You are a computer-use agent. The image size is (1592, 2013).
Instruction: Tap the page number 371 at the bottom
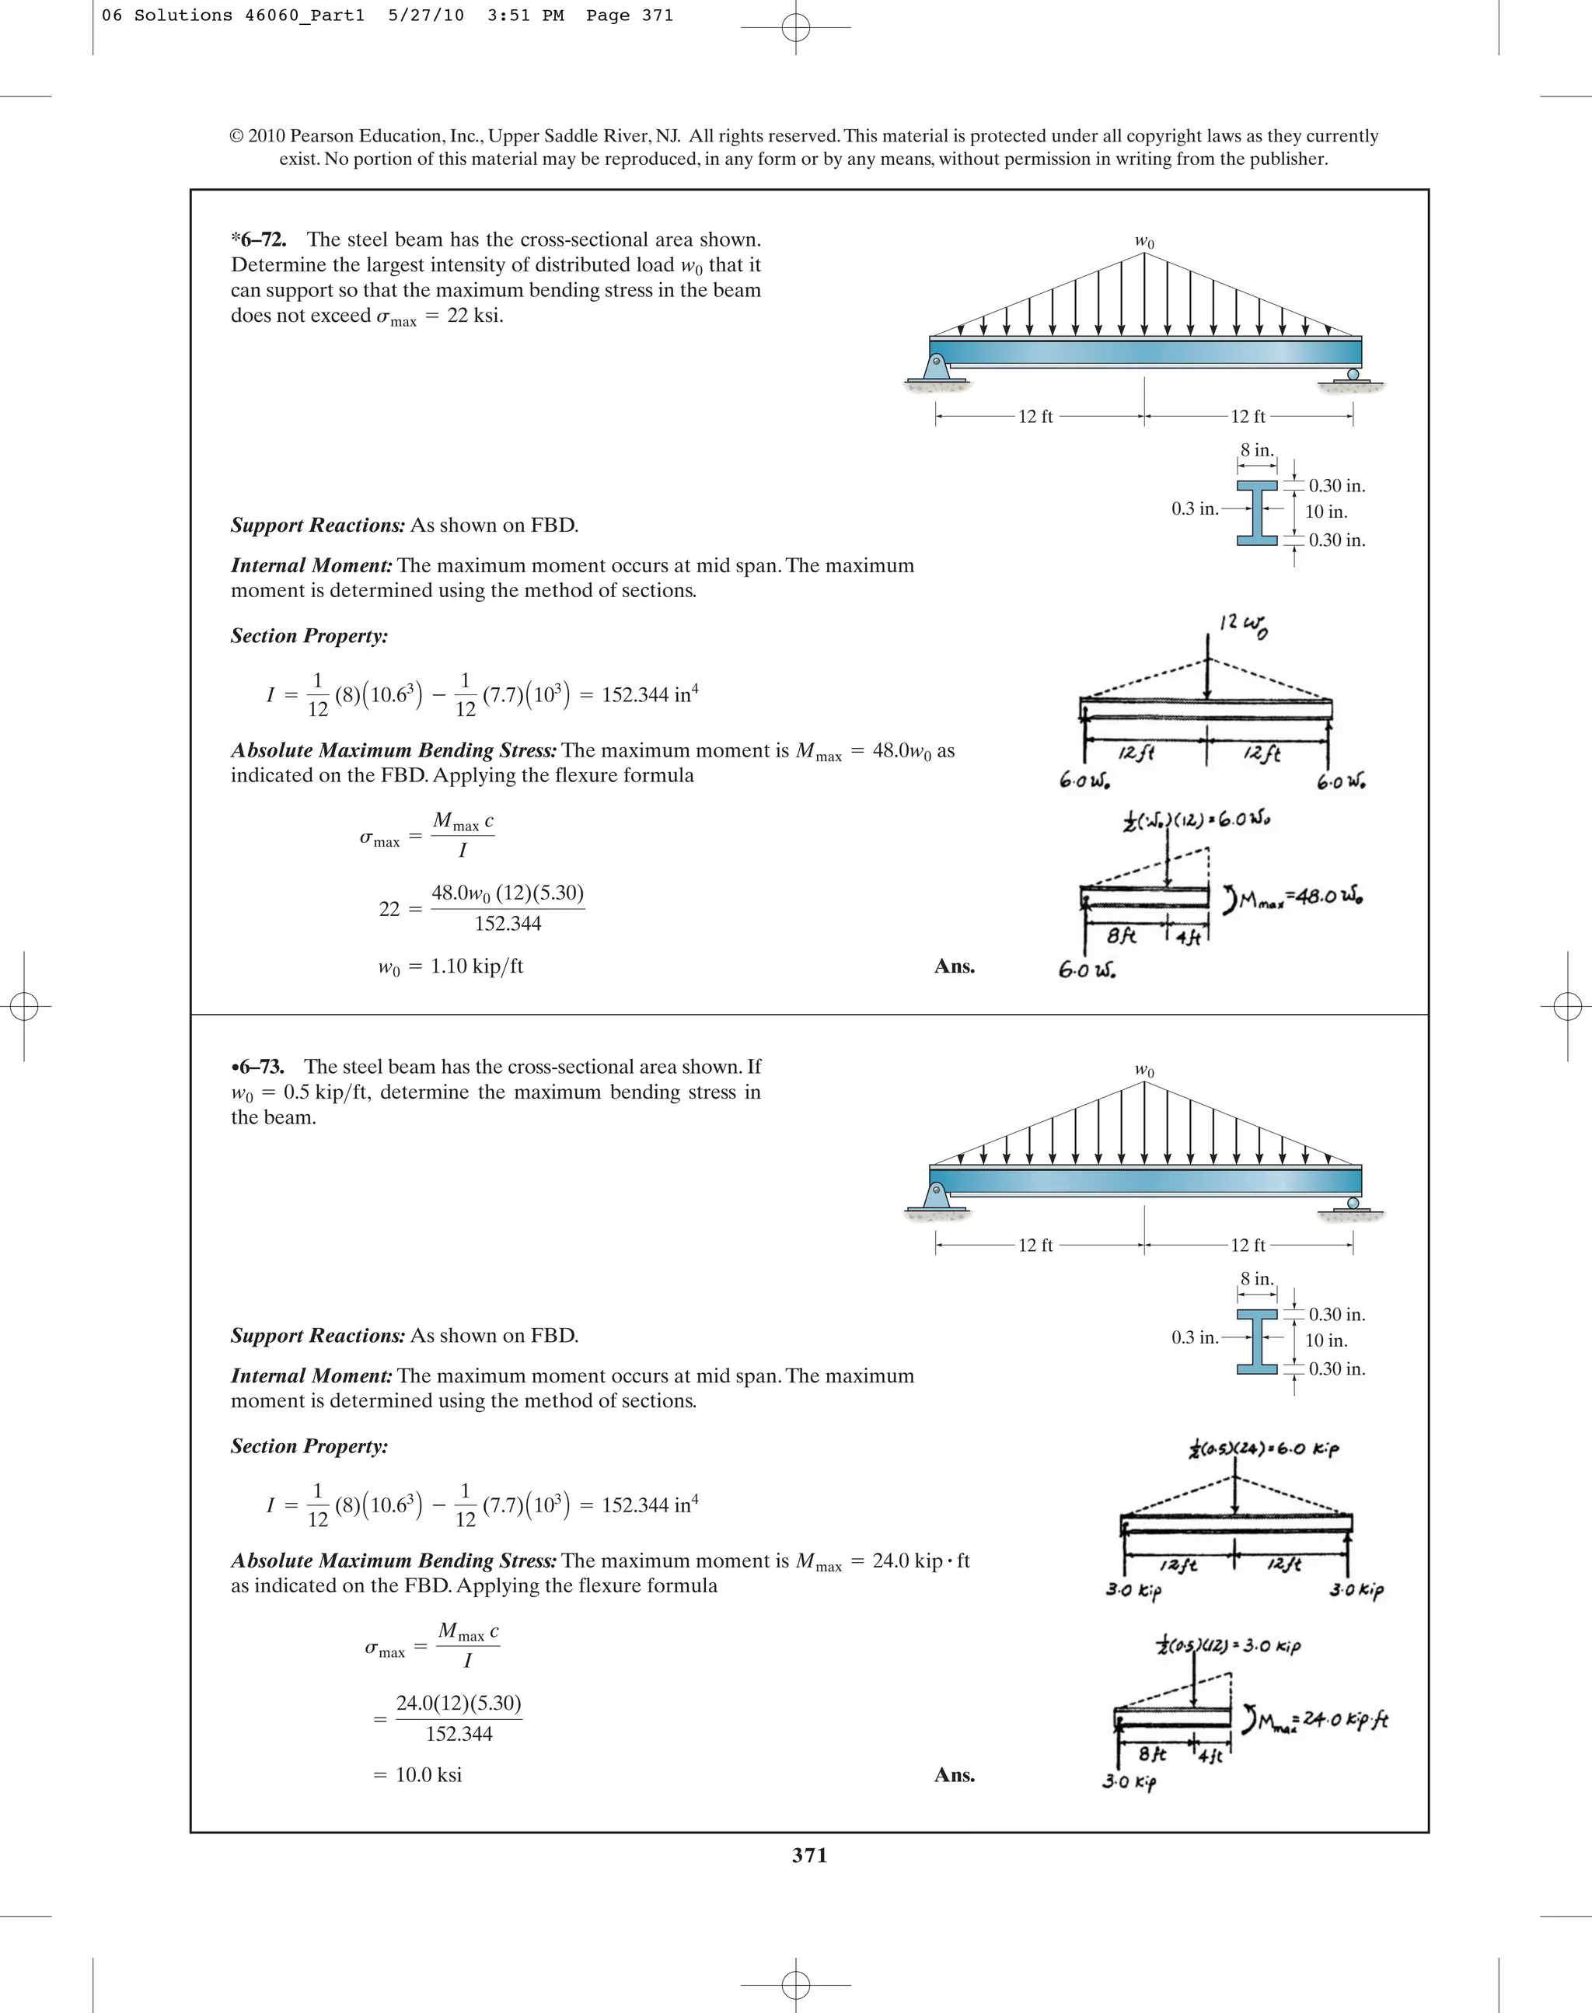point(809,1855)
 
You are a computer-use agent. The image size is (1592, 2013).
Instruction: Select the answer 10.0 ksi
point(428,1774)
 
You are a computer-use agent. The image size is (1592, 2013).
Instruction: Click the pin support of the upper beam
point(937,364)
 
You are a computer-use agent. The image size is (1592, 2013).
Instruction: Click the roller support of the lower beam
point(1353,1204)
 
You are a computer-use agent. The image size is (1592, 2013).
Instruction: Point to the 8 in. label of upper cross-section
point(1256,450)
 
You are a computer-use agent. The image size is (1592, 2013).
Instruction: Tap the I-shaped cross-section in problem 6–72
point(1256,512)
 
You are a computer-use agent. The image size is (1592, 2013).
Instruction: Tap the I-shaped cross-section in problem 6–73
point(1256,1340)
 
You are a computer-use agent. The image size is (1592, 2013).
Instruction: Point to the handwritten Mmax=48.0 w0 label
point(1297,898)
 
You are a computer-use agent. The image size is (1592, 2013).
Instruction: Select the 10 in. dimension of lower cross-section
point(1325,1340)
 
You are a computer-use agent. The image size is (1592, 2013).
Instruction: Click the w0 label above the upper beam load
point(1144,243)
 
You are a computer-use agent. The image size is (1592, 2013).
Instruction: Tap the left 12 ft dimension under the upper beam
point(1035,417)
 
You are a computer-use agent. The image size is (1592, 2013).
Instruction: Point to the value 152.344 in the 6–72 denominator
point(507,924)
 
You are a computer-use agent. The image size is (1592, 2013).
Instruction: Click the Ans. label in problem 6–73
point(955,1775)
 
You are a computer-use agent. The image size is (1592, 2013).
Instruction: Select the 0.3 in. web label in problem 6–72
point(1195,509)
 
